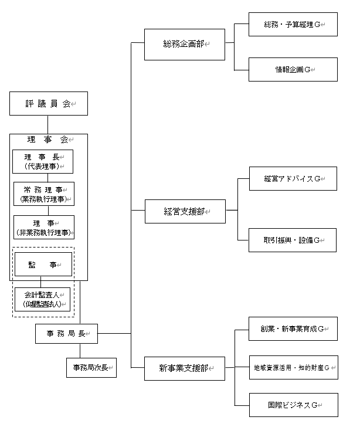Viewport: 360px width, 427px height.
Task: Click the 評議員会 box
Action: (x=48, y=103)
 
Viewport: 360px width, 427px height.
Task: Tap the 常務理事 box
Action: (x=44, y=194)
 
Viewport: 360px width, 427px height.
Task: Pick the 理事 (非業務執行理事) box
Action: (x=44, y=227)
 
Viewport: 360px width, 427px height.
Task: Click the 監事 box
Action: (x=43, y=265)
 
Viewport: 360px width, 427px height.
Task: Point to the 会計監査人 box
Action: (x=42, y=299)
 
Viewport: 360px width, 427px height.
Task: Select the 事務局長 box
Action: (x=66, y=333)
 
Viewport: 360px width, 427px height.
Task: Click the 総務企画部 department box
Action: (x=185, y=44)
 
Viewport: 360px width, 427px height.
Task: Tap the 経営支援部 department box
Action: (x=185, y=211)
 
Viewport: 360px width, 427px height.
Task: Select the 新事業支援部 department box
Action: (x=185, y=368)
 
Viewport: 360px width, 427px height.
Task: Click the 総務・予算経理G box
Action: (x=293, y=25)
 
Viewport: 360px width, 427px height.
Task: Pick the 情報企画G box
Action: (x=293, y=69)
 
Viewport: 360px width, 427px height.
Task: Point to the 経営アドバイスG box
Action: (x=293, y=178)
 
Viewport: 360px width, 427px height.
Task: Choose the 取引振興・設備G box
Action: (x=293, y=240)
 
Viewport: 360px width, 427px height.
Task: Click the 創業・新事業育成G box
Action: (x=293, y=328)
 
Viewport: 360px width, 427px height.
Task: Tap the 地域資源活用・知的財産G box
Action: (x=293, y=367)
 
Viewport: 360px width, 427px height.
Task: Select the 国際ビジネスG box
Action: (x=293, y=405)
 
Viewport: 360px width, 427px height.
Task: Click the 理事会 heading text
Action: (x=48, y=140)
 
